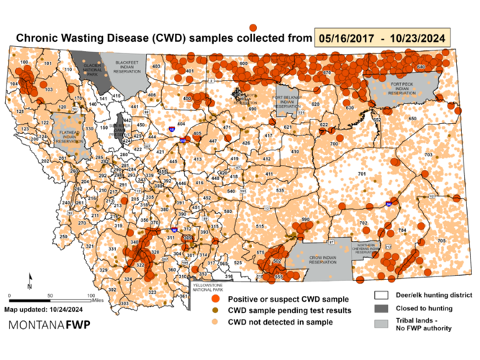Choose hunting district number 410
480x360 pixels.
click(294, 152)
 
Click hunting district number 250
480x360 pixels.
click(63, 236)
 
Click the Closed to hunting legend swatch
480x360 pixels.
click(381, 310)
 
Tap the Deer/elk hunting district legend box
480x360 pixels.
click(381, 295)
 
